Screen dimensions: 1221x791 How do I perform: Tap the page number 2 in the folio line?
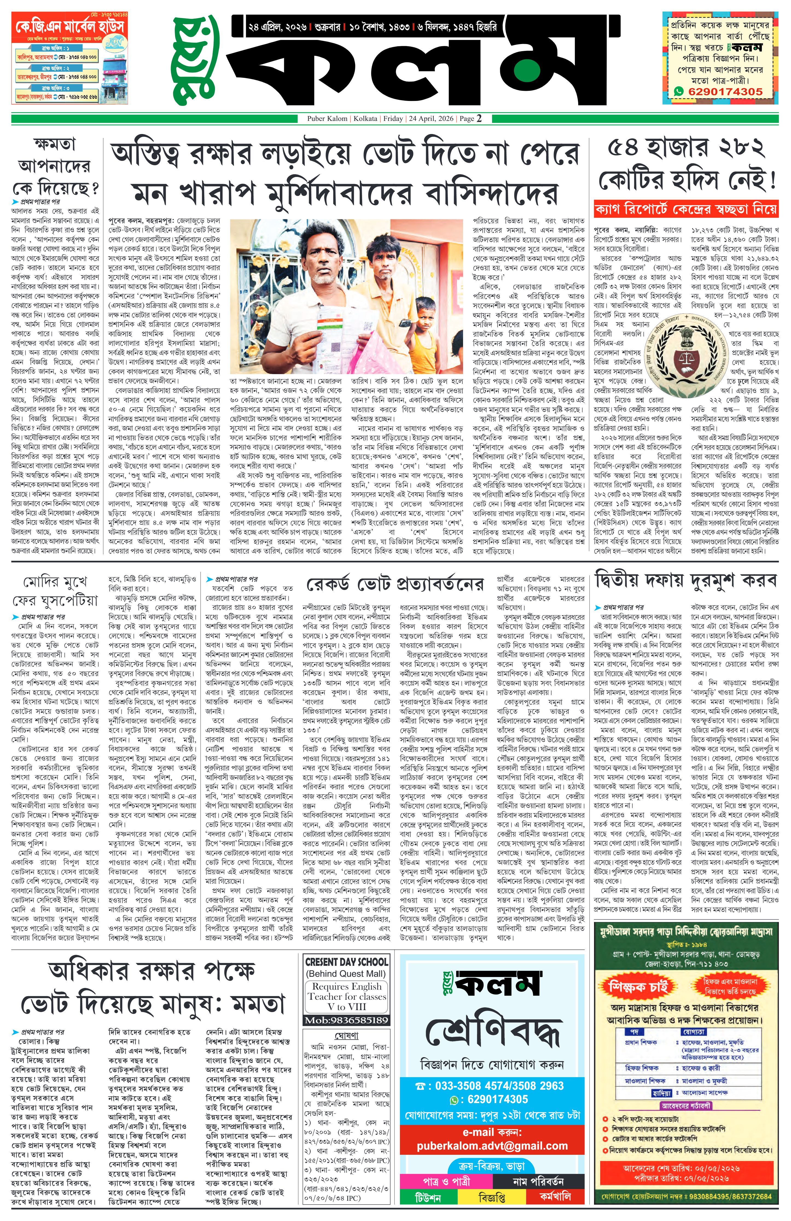[x=479, y=118]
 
